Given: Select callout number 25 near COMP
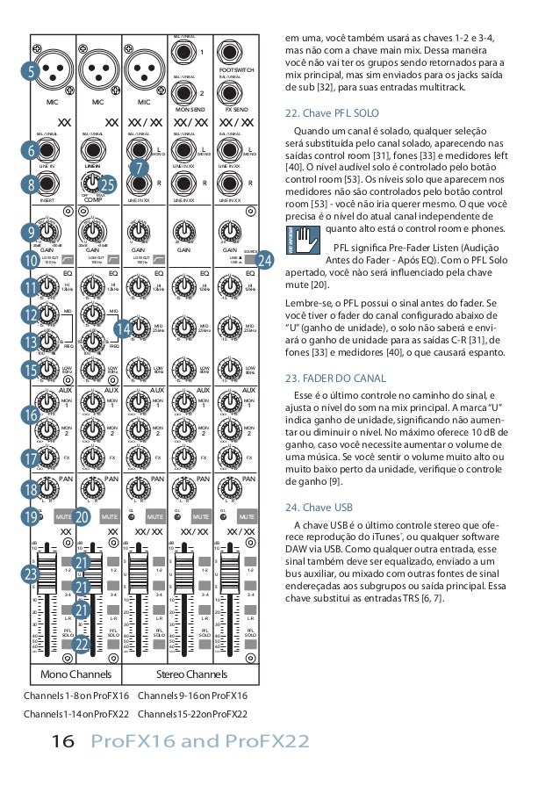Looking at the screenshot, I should tap(108, 184).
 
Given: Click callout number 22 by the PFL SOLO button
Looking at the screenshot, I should tap(82, 645).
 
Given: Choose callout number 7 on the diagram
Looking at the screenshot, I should tap(137, 166).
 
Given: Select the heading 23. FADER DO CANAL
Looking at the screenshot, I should tap(336, 378).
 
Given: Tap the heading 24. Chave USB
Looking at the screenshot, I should tap(319, 508).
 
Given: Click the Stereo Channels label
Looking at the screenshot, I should tap(190, 674).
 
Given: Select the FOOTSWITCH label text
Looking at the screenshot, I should tap(237, 69).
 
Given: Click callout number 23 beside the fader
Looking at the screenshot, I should tap(31, 574).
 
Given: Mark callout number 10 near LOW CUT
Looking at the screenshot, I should tap(31, 260).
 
